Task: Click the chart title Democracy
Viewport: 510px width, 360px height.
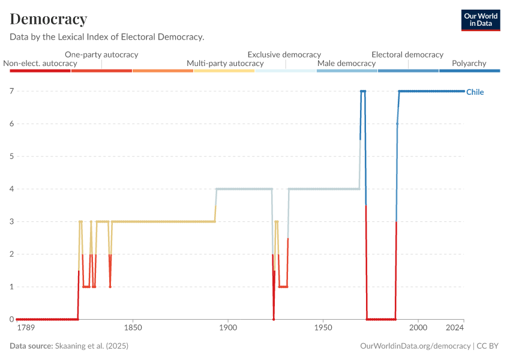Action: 49,19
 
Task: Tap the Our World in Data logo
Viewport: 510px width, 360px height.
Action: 481,20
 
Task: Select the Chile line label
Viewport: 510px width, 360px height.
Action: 475,92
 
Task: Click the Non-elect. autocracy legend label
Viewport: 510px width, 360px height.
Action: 40,63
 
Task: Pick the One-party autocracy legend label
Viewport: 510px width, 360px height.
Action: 101,55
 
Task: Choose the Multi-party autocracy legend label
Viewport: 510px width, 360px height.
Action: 225,63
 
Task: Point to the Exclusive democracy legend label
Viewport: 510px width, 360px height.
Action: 284,55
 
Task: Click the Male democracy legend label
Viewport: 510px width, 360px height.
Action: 346,63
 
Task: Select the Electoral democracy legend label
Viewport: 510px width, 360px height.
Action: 407,55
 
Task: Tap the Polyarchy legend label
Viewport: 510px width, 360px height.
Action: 469,63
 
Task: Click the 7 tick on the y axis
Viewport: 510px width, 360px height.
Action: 11,91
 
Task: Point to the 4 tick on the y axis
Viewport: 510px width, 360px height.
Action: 11,189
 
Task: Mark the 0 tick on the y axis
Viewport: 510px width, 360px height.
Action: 11,319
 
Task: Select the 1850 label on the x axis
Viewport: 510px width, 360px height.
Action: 133,329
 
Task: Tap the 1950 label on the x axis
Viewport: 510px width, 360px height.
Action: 323,329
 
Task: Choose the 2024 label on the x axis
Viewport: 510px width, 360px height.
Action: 455,329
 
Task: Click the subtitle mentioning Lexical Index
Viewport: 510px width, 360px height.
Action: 107,37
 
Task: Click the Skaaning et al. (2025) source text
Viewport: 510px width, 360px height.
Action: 91,346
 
